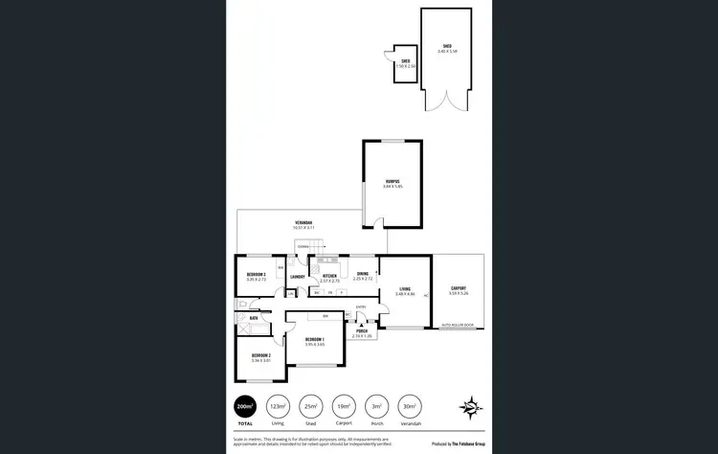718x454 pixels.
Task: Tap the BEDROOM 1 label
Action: [x=315, y=340]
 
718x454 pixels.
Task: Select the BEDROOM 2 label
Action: [x=261, y=357]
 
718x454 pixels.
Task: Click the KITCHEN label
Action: [x=329, y=275]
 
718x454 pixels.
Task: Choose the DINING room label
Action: [x=363, y=275]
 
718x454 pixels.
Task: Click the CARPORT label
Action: [x=459, y=288]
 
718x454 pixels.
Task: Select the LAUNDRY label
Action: [x=297, y=278]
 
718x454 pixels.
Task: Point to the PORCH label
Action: [x=362, y=331]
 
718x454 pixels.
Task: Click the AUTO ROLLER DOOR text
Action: [x=458, y=327]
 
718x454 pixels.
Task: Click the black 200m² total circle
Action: [x=245, y=406]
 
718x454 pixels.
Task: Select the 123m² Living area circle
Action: [x=278, y=406]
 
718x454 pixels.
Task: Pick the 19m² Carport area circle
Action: [x=343, y=406]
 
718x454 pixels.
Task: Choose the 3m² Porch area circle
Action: [x=375, y=406]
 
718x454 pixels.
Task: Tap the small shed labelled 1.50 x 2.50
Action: [x=405, y=63]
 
